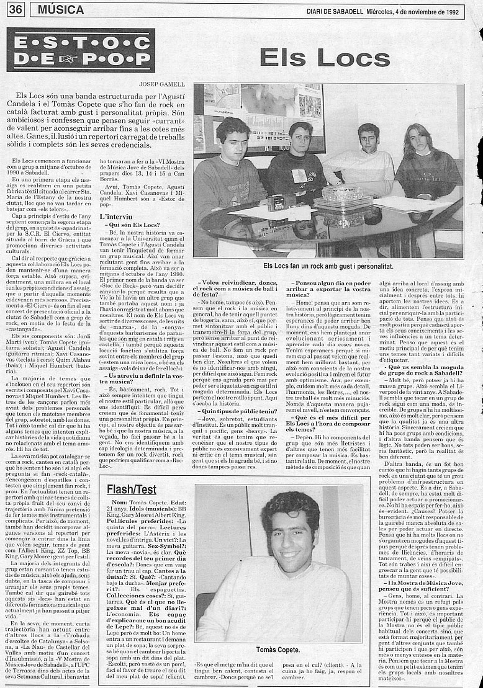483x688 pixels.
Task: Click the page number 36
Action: point(16,9)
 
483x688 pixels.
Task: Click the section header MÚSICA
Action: point(61,9)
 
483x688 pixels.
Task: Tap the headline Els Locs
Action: point(325,58)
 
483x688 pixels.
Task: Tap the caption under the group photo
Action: point(328,266)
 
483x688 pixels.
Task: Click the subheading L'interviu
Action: point(117,217)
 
